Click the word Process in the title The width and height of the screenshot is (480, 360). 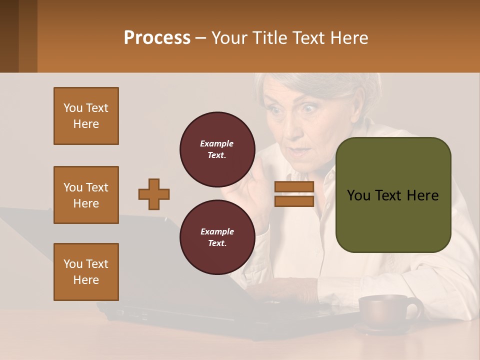coord(157,37)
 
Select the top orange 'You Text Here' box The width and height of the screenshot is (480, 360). coord(86,116)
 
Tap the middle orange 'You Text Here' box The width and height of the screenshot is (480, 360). coord(86,195)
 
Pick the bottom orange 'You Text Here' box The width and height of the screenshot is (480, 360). coord(86,272)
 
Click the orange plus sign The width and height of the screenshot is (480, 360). coord(154,194)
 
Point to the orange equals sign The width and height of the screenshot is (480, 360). coord(294,194)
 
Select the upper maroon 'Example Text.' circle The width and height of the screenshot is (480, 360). coord(217,149)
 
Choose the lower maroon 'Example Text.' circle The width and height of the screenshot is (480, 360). coord(217,237)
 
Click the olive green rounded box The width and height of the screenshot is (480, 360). coord(393,195)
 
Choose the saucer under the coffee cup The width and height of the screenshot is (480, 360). coord(380,329)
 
